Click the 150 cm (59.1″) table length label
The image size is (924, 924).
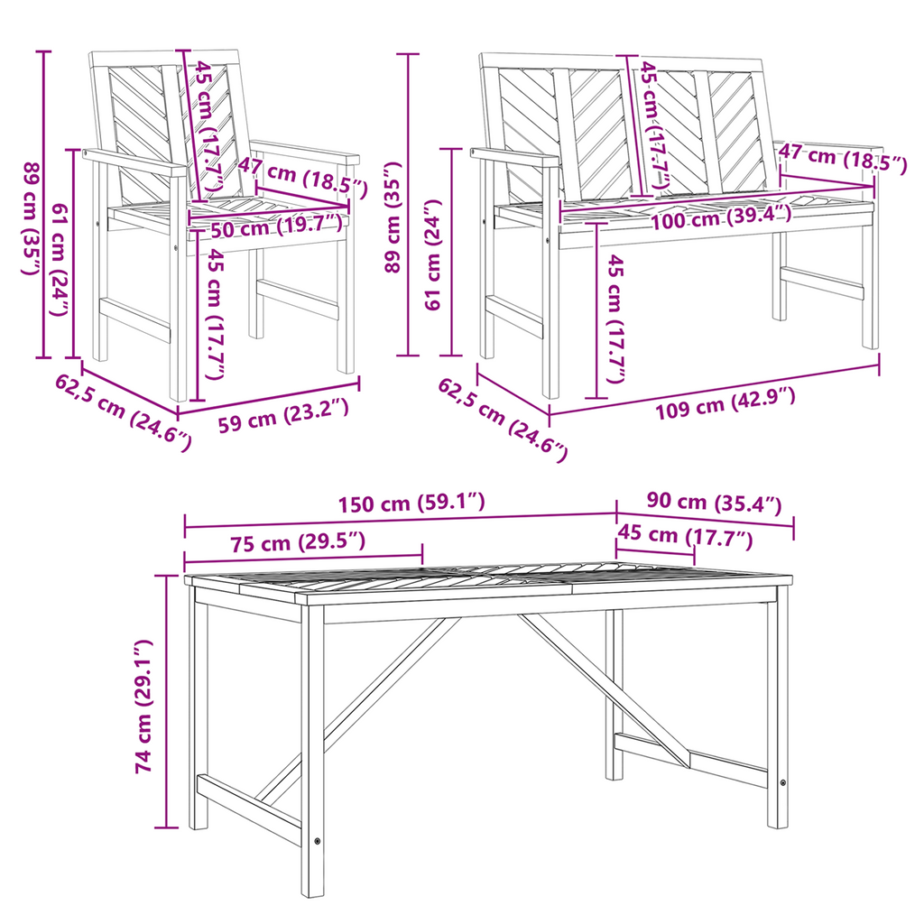(x=411, y=503)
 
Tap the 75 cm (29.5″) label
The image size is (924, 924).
(x=298, y=542)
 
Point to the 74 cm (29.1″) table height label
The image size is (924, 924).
(x=143, y=706)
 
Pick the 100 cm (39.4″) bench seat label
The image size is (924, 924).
(x=721, y=218)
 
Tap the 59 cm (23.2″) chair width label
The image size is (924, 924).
(x=282, y=415)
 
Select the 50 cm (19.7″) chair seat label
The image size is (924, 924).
(x=276, y=226)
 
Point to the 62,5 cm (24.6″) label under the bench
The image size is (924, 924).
(x=502, y=420)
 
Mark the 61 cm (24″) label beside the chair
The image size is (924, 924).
(x=62, y=259)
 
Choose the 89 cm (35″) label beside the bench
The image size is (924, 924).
(x=393, y=217)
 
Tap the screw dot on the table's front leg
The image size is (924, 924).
(x=318, y=841)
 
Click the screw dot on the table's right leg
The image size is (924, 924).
(x=782, y=783)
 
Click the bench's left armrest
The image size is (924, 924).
(x=514, y=157)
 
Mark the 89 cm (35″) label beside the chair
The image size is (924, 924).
(x=31, y=218)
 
